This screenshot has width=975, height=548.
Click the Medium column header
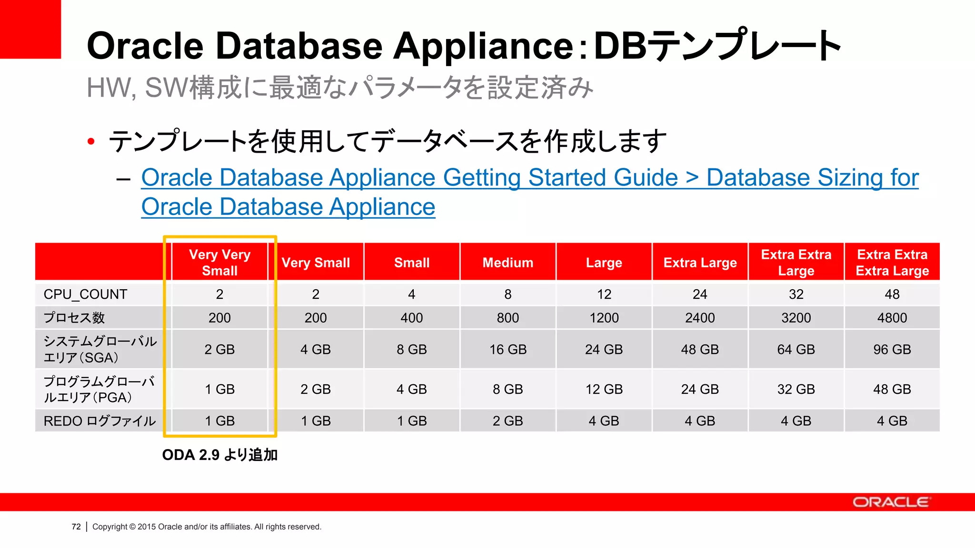click(x=507, y=263)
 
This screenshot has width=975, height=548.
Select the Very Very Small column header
click(x=219, y=263)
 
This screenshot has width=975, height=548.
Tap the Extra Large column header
click(x=700, y=263)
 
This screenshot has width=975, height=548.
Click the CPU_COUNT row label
click(x=86, y=294)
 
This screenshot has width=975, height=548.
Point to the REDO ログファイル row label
click(x=99, y=421)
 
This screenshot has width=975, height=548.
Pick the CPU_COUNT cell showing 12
click(x=604, y=294)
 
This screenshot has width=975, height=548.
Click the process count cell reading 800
click(x=507, y=318)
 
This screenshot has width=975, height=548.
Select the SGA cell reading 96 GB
click(x=892, y=350)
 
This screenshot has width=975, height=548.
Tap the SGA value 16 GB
click(x=507, y=350)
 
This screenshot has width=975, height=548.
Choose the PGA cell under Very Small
click(x=316, y=390)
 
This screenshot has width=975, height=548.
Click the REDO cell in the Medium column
click(x=507, y=421)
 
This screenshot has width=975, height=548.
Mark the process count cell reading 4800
click(x=892, y=318)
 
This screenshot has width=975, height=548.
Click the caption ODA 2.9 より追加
click(x=219, y=455)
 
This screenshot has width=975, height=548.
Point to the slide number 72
click(x=76, y=527)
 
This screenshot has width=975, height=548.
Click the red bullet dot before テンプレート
click(x=91, y=141)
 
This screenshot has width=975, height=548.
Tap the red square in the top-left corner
click(x=30, y=29)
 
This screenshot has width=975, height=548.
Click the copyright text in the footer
click(x=207, y=527)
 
